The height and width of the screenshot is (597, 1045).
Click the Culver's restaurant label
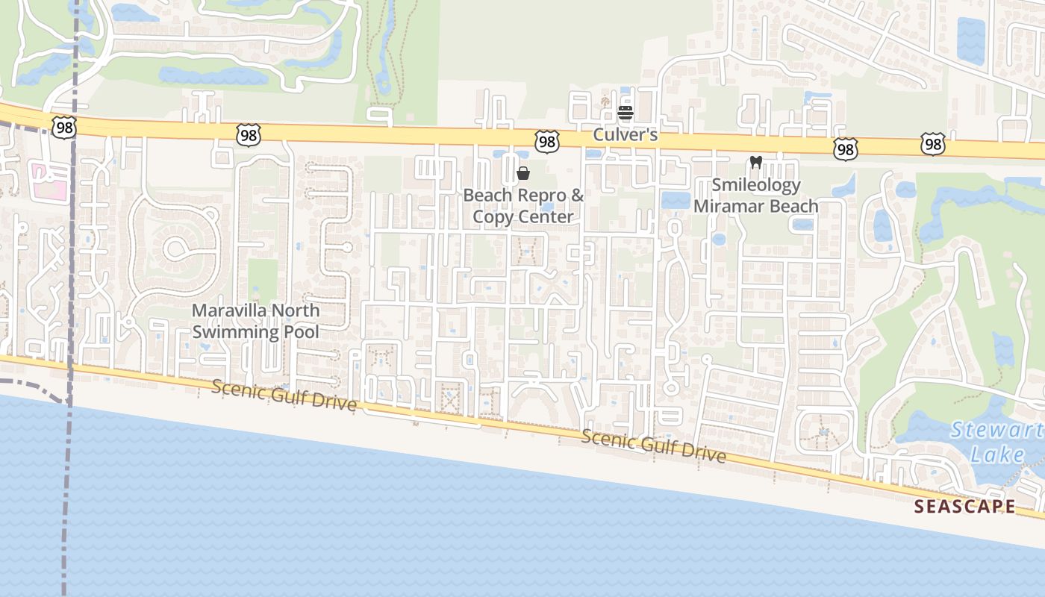pyautogui.click(x=626, y=135)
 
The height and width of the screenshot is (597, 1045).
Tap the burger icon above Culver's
pyautogui.click(x=626, y=113)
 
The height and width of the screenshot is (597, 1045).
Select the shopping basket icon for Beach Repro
pyautogui.click(x=523, y=174)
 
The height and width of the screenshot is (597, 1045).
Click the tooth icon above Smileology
pyautogui.click(x=755, y=163)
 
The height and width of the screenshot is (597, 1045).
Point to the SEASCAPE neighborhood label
pyautogui.click(x=964, y=507)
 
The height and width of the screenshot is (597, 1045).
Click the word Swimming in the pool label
pyautogui.click(x=231, y=332)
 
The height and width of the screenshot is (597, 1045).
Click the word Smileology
pyautogui.click(x=755, y=185)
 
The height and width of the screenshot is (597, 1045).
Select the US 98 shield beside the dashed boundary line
pyautogui.click(x=65, y=128)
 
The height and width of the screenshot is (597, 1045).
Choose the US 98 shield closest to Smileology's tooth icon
pyautogui.click(x=844, y=150)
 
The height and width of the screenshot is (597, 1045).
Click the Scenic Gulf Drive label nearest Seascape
pyautogui.click(x=653, y=446)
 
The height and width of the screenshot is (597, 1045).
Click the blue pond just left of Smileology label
pyautogui.click(x=676, y=200)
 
